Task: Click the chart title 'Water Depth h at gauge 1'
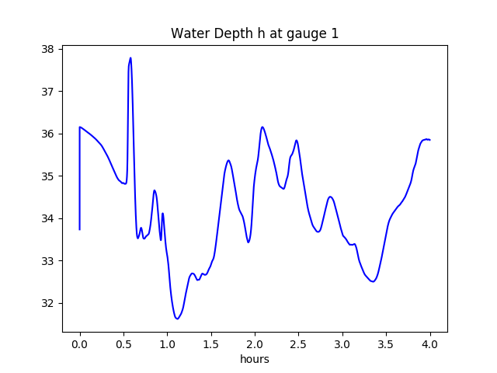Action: [x=255, y=33]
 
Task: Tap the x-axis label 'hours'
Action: [x=255, y=360]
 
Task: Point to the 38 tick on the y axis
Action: [x=48, y=49]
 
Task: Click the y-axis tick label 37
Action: [x=48, y=92]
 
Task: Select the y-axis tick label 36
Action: [x=48, y=134]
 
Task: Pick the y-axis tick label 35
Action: [x=48, y=176]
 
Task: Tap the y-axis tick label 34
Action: [x=48, y=218]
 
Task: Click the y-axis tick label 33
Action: [x=48, y=261]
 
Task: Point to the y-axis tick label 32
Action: [x=48, y=303]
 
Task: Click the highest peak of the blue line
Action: [x=130, y=58]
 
